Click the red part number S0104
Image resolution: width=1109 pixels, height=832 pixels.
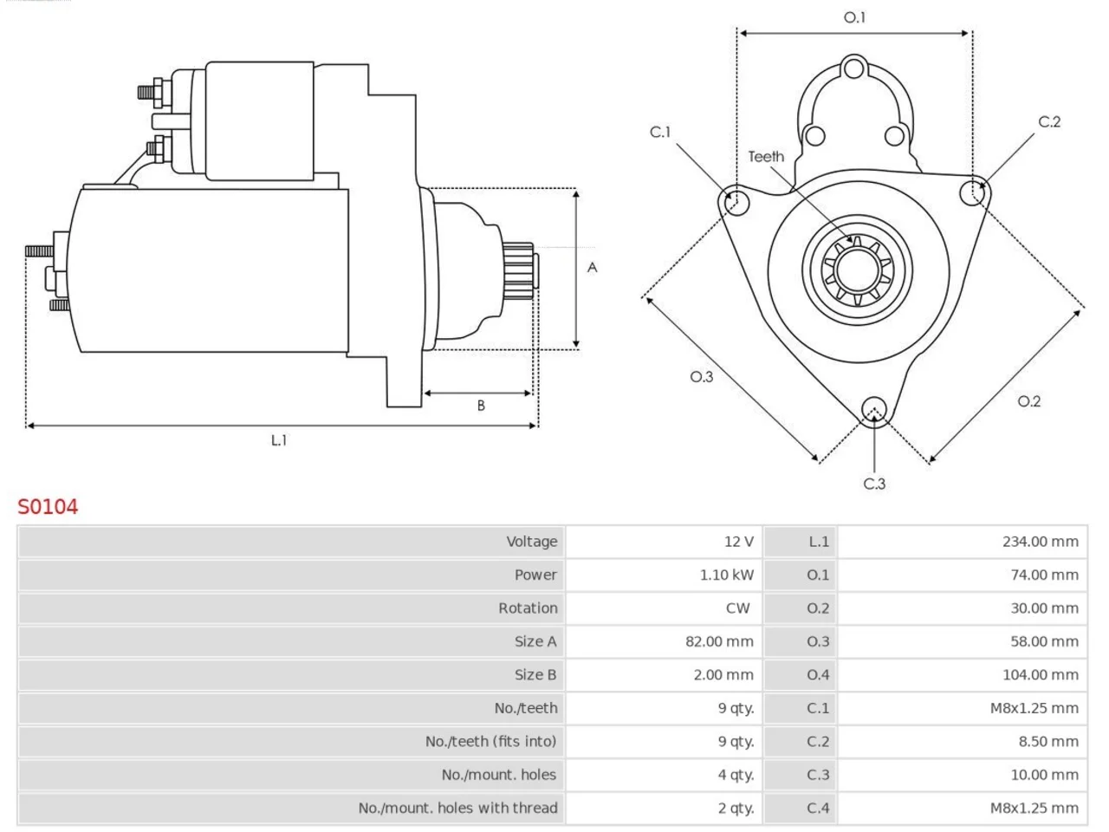(x=48, y=507)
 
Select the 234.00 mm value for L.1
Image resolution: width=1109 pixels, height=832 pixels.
(x=1041, y=542)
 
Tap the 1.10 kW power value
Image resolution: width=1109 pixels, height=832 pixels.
(x=727, y=575)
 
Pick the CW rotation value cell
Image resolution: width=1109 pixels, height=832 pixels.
(x=737, y=608)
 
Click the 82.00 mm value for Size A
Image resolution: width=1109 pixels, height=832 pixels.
(x=719, y=641)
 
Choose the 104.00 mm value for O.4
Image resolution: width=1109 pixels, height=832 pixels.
(x=1041, y=675)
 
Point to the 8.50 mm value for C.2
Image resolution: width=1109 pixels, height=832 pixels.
(x=1048, y=742)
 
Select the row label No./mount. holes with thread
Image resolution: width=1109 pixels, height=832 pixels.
(x=457, y=809)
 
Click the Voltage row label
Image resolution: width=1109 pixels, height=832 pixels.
(x=532, y=542)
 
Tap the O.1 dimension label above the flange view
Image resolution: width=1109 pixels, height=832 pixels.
(x=854, y=17)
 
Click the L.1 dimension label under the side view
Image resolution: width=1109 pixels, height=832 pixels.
(x=279, y=440)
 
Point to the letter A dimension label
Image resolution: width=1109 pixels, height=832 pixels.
(x=592, y=268)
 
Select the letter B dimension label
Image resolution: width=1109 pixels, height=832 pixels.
(x=481, y=406)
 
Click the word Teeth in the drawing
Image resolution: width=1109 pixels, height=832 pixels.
(x=766, y=157)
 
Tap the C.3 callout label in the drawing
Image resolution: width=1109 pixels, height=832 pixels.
(x=874, y=484)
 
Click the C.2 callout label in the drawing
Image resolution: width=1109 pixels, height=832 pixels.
(x=1049, y=121)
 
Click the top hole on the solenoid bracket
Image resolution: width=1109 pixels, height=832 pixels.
(x=854, y=68)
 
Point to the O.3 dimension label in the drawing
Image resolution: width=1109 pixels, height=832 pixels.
(x=702, y=376)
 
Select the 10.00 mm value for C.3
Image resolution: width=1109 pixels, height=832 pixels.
(x=1044, y=775)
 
